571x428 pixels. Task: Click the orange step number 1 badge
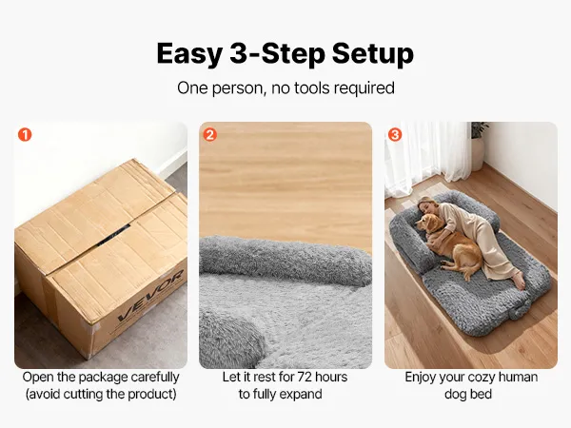(25, 135)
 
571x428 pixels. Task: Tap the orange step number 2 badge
(209, 135)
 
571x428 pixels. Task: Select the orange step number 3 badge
(395, 135)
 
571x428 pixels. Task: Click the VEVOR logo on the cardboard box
(150, 296)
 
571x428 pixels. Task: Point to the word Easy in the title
(189, 54)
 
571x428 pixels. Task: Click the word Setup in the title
(372, 54)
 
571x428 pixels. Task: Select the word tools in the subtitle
(312, 88)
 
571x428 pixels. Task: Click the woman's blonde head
(425, 204)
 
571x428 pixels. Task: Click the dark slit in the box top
(113, 235)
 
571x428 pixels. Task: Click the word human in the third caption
(519, 377)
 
